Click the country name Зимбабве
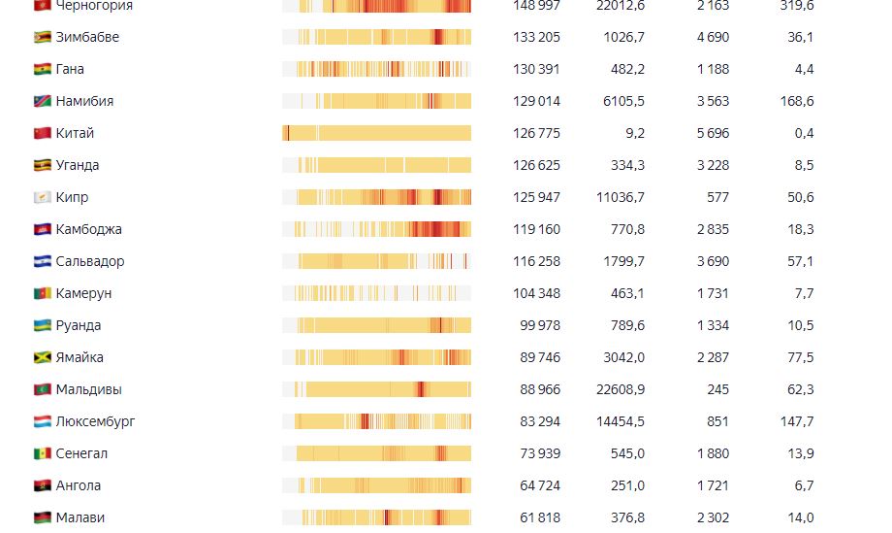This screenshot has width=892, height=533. point(87,37)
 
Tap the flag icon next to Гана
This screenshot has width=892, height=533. point(42,69)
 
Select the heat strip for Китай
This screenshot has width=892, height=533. point(376,133)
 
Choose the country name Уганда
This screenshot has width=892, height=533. point(78,165)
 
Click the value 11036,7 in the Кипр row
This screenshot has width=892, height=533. point(621,197)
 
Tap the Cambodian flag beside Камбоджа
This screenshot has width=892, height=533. point(42,229)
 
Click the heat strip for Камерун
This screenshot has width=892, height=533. point(376,293)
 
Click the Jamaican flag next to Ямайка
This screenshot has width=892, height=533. point(42,357)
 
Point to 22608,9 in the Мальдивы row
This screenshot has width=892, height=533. point(621,389)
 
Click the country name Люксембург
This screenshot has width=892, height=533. point(95,421)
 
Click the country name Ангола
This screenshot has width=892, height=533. point(79,485)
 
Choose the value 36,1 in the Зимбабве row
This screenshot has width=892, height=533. point(801,37)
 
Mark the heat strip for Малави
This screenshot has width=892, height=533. point(376,517)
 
